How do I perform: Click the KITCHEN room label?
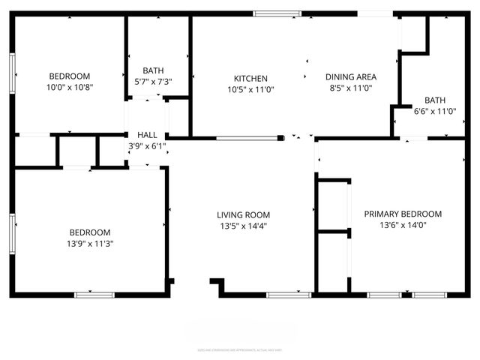coord(250,78)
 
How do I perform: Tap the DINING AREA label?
coord(350,76)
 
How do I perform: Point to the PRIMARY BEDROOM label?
coord(403,214)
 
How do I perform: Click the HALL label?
coord(147,135)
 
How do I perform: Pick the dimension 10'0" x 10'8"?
coord(70,87)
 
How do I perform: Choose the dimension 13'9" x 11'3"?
coord(90,243)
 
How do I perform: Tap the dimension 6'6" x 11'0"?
coord(435,111)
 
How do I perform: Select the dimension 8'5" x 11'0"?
coord(350,88)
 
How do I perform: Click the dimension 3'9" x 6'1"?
coord(147,146)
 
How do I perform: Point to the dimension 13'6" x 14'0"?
coord(403,224)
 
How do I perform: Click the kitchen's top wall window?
coord(277,13)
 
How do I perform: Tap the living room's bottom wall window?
coord(289,294)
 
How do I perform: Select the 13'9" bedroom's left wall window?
coord(13,232)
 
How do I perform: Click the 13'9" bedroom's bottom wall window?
coord(94,294)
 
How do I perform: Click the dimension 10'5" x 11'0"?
coord(250,88)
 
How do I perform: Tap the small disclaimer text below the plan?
coord(240,349)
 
